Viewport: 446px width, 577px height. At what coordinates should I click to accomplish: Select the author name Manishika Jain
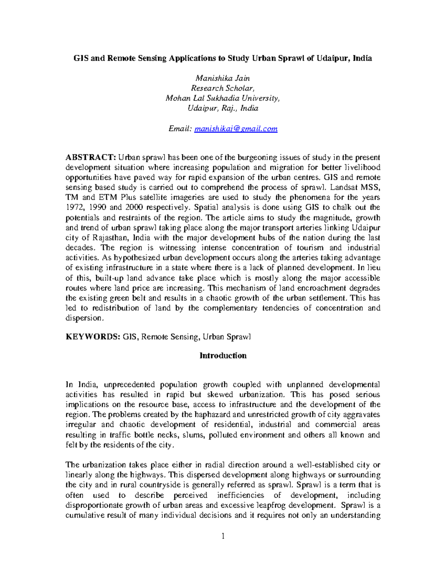click(x=223, y=78)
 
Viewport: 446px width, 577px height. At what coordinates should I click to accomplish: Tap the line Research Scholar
click(x=223, y=88)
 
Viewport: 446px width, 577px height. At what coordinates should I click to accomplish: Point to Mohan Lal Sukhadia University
click(x=223, y=98)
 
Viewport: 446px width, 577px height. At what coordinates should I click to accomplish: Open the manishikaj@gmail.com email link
click(x=236, y=129)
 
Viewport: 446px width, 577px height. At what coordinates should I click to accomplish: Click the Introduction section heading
click(x=223, y=356)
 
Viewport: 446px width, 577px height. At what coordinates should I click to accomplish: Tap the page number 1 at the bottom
click(x=223, y=536)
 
